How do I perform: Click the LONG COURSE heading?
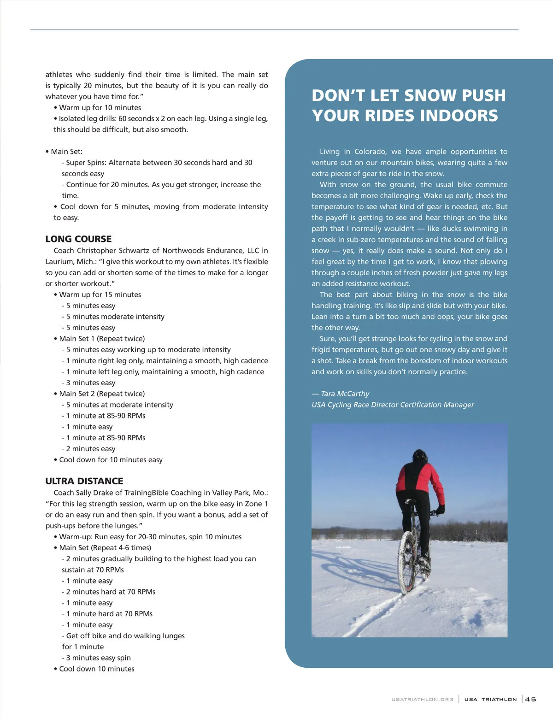pyautogui.click(x=78, y=239)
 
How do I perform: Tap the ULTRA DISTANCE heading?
pyautogui.click(x=84, y=481)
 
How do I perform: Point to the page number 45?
pyautogui.click(x=530, y=699)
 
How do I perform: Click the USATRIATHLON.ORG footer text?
pyautogui.click(x=422, y=700)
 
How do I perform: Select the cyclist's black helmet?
pyautogui.click(x=419, y=456)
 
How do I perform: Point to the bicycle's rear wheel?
pyautogui.click(x=407, y=562)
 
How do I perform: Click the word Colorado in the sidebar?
pyautogui.click(x=371, y=152)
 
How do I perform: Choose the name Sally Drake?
pyautogui.click(x=96, y=493)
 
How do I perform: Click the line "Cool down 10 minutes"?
pyautogui.click(x=97, y=669)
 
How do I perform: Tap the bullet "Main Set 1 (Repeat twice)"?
pyautogui.click(x=102, y=339)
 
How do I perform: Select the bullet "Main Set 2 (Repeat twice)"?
pyautogui.click(x=102, y=394)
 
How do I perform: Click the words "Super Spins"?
pyautogui.click(x=84, y=163)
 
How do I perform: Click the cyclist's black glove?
pyautogui.click(x=441, y=509)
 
